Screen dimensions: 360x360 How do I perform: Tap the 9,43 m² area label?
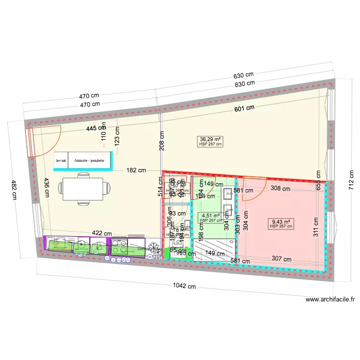[x=281, y=222]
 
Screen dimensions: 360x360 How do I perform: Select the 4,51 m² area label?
[x=211, y=216]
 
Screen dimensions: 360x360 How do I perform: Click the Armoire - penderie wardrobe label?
[x=90, y=161]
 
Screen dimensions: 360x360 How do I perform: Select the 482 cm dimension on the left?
[x=14, y=190]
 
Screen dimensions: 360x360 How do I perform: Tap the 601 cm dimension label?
[x=244, y=108]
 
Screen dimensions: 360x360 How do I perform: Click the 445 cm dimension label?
[x=96, y=128]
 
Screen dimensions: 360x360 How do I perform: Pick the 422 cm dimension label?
[x=102, y=233]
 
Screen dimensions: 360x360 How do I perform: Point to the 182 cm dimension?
[x=136, y=170]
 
